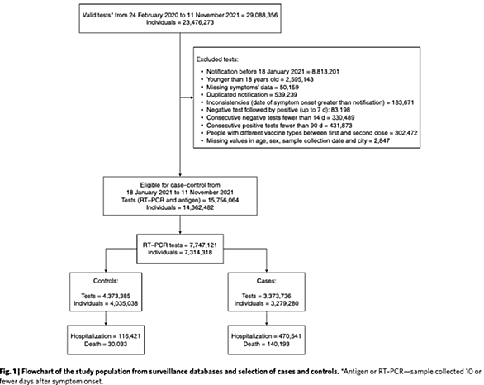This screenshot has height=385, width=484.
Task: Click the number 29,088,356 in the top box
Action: pyautogui.click(x=262, y=15)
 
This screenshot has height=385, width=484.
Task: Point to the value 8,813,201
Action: pyautogui.click(x=324, y=72)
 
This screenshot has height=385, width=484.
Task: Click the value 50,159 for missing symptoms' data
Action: pyautogui.click(x=288, y=87)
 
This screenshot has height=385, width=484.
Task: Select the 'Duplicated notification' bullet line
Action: pyautogui.click(x=252, y=94)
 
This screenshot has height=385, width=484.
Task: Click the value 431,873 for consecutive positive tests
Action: pyautogui.click(x=341, y=126)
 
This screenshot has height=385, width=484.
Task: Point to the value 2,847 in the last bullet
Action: pyautogui.click(x=381, y=140)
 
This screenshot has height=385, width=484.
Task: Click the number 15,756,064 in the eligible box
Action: pyautogui.click(x=223, y=200)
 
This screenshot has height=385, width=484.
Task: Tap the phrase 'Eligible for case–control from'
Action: pyautogui.click(x=180, y=185)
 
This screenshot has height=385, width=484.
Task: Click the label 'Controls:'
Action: pyautogui.click(x=106, y=281)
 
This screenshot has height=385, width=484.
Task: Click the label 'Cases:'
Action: pyautogui.click(x=267, y=281)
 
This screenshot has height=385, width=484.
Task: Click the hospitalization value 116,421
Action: pyautogui.click(x=130, y=336)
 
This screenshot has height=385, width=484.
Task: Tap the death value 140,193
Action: pyautogui.click(x=278, y=344)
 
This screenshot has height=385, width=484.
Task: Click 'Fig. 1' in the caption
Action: pyautogui.click(x=7, y=372)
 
